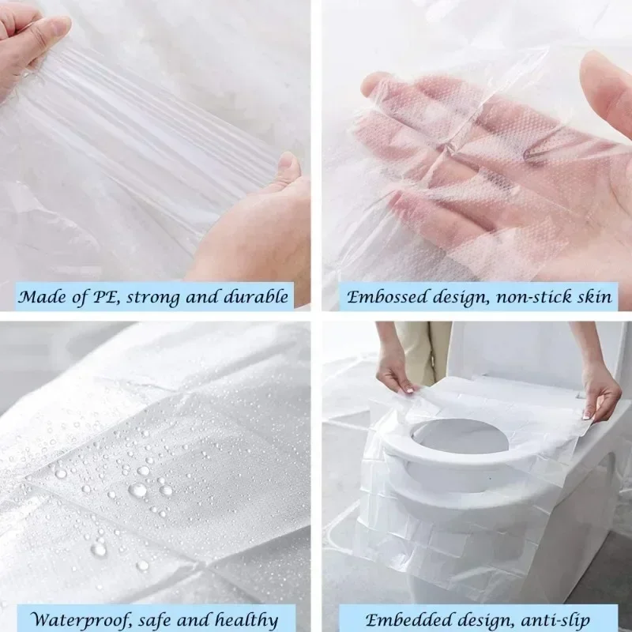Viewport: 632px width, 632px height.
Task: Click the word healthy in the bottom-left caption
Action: pyautogui.click(x=245, y=619)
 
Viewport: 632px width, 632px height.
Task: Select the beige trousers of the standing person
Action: pyautogui.click(x=423, y=348)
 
